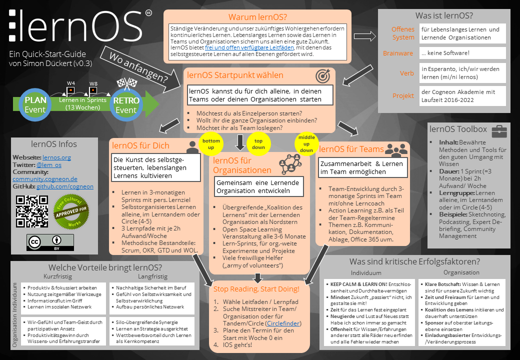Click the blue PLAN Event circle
pos(35,104)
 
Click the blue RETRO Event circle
pos(126,104)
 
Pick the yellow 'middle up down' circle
pos(305,143)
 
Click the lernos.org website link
pos(56,157)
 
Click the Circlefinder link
pos(283,323)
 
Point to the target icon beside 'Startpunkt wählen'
pos(323,75)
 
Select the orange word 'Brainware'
pos(398,53)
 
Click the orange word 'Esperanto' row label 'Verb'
pos(406,73)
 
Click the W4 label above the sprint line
pos(71,83)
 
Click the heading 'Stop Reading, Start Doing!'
pos(256,289)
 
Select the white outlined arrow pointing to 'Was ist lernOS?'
pos(364,36)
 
